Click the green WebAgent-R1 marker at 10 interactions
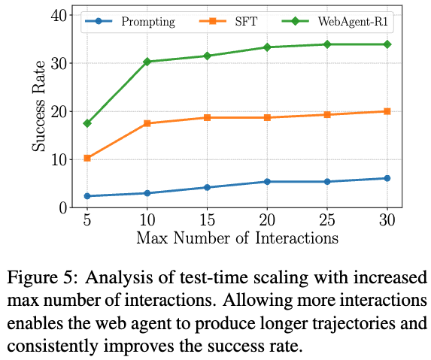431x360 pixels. (147, 62)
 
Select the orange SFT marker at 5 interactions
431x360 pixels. (87, 158)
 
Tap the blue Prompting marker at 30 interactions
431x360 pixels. (387, 178)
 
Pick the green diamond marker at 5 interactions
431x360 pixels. (87, 123)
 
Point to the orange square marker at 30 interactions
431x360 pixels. (387, 111)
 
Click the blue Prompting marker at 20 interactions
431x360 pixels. (267, 182)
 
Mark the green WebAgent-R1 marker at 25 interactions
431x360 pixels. (327, 44)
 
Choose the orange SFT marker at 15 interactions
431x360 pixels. (207, 117)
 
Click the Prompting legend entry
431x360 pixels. (148, 21)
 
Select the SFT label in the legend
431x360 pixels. (246, 21)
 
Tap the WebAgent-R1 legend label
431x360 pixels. (353, 21)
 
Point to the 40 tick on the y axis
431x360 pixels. (59, 15)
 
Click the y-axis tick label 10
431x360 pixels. (59, 160)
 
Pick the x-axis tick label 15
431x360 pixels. (207, 219)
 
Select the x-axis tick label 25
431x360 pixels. (327, 219)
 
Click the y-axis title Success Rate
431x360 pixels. (38, 106)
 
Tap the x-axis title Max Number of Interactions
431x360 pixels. (237, 237)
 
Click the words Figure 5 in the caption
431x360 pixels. (39, 278)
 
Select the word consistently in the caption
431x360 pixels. (53, 346)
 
